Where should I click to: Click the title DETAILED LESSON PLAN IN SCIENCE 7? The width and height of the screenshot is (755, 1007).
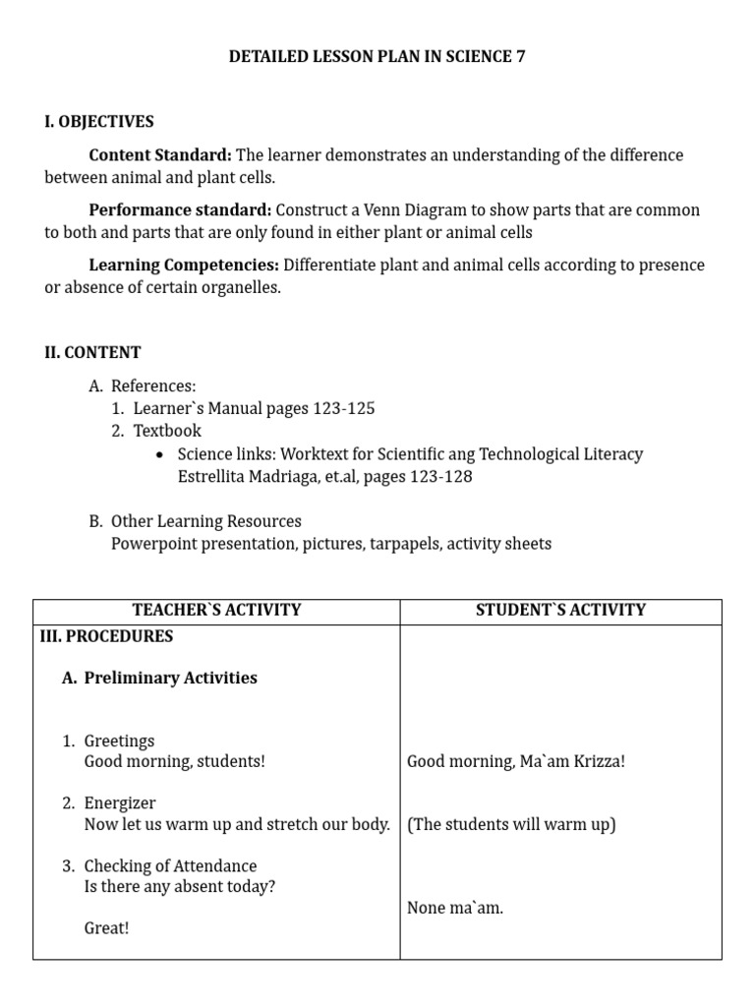coord(377,57)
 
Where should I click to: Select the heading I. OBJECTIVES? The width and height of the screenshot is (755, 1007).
coord(98,122)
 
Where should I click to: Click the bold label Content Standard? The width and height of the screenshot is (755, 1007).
coord(160,155)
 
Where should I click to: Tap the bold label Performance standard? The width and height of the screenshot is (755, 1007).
coord(180,210)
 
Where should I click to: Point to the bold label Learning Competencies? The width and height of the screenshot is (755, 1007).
coord(184,266)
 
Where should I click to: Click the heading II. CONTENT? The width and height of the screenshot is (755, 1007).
coord(92,352)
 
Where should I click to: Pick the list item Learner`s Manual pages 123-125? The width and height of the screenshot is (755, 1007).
coord(254,408)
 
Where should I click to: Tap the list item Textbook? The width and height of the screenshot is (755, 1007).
coord(167,431)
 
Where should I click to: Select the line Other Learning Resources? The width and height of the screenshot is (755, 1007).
coord(206,521)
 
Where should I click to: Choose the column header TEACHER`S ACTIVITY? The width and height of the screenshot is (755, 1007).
coord(216,610)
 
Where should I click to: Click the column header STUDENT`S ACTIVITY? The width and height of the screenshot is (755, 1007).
coord(560,610)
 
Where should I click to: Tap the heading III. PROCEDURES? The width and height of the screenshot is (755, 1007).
coord(106,636)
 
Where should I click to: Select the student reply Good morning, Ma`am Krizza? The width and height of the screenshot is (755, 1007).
coord(515,762)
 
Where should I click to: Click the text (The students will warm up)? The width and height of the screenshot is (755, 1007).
coord(511,824)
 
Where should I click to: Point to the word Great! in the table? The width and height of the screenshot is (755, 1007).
coord(106,928)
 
